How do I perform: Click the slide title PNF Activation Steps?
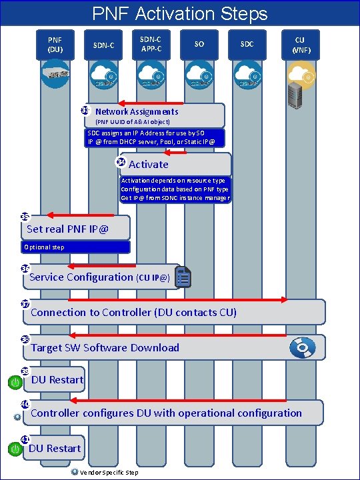click(x=180, y=13)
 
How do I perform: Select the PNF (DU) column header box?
click(x=55, y=45)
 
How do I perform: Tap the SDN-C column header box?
click(x=103, y=45)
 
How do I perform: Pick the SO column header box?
click(x=199, y=45)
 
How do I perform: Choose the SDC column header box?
click(x=247, y=45)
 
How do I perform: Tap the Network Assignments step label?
click(x=137, y=112)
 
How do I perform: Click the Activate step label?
click(x=148, y=164)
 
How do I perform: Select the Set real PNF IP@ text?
click(x=67, y=230)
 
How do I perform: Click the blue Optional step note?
click(x=75, y=247)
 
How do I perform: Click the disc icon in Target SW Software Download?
click(x=302, y=347)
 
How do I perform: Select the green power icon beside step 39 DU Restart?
click(x=15, y=382)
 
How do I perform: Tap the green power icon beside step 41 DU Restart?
click(x=15, y=450)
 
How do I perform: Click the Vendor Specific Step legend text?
click(x=109, y=473)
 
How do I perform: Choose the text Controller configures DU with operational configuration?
click(x=166, y=413)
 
